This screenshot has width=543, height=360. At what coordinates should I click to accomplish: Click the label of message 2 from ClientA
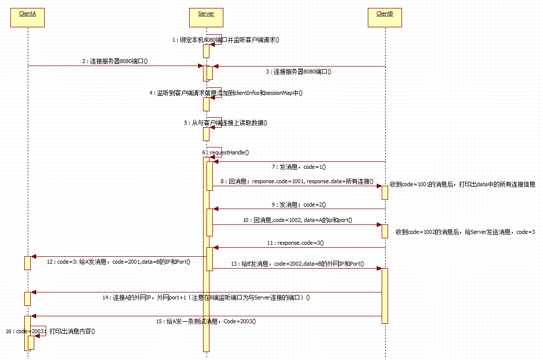coord(115,62)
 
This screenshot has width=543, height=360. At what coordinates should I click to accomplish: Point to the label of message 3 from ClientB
coord(298,72)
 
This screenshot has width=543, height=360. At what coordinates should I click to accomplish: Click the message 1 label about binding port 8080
coord(225,40)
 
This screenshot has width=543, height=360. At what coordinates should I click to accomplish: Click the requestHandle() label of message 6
coord(226,152)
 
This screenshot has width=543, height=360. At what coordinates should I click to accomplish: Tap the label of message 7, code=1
coord(299,167)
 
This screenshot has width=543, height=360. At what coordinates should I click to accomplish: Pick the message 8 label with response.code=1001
coord(297,182)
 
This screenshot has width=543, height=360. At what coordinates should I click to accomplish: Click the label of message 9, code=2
coord(299,205)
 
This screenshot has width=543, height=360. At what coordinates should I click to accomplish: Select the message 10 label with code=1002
coord(297,219)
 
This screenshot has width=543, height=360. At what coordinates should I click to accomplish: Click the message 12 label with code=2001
coord(119,262)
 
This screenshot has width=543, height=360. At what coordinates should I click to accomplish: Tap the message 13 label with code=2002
coord(297,264)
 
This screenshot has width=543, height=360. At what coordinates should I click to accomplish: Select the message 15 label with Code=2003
coord(206,321)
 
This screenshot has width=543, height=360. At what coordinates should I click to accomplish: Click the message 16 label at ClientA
coord(50,331)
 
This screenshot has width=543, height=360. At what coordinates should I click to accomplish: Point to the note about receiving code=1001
coord(462,184)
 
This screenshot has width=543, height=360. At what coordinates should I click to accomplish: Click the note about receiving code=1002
coord(465,232)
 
